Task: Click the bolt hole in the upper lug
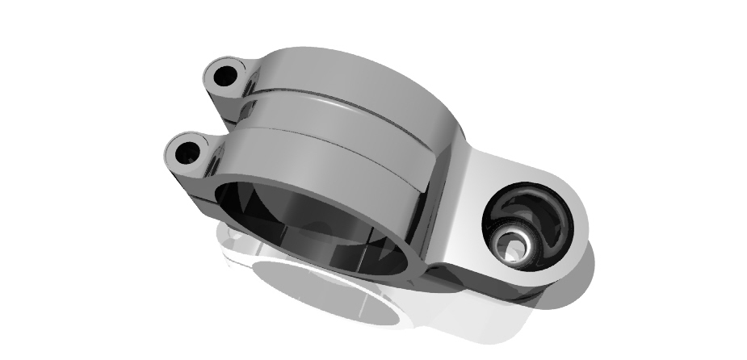click(225, 77)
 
